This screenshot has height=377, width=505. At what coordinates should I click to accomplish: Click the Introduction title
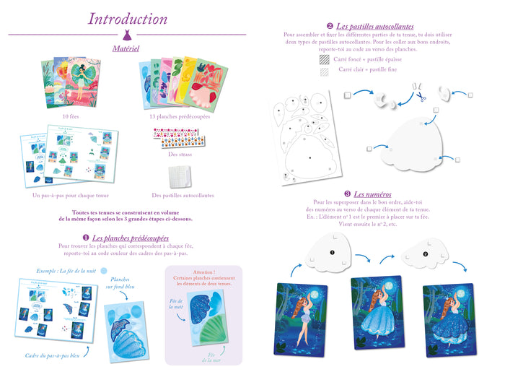[127, 19]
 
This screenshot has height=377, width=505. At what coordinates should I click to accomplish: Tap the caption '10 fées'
[71, 116]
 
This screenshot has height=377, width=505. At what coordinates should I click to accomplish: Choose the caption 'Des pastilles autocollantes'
[183, 195]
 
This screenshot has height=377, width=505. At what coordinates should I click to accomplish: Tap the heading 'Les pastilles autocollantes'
[375, 26]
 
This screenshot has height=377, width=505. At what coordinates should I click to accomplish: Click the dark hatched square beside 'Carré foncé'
[324, 60]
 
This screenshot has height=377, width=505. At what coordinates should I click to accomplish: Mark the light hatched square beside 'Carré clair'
[324, 71]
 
